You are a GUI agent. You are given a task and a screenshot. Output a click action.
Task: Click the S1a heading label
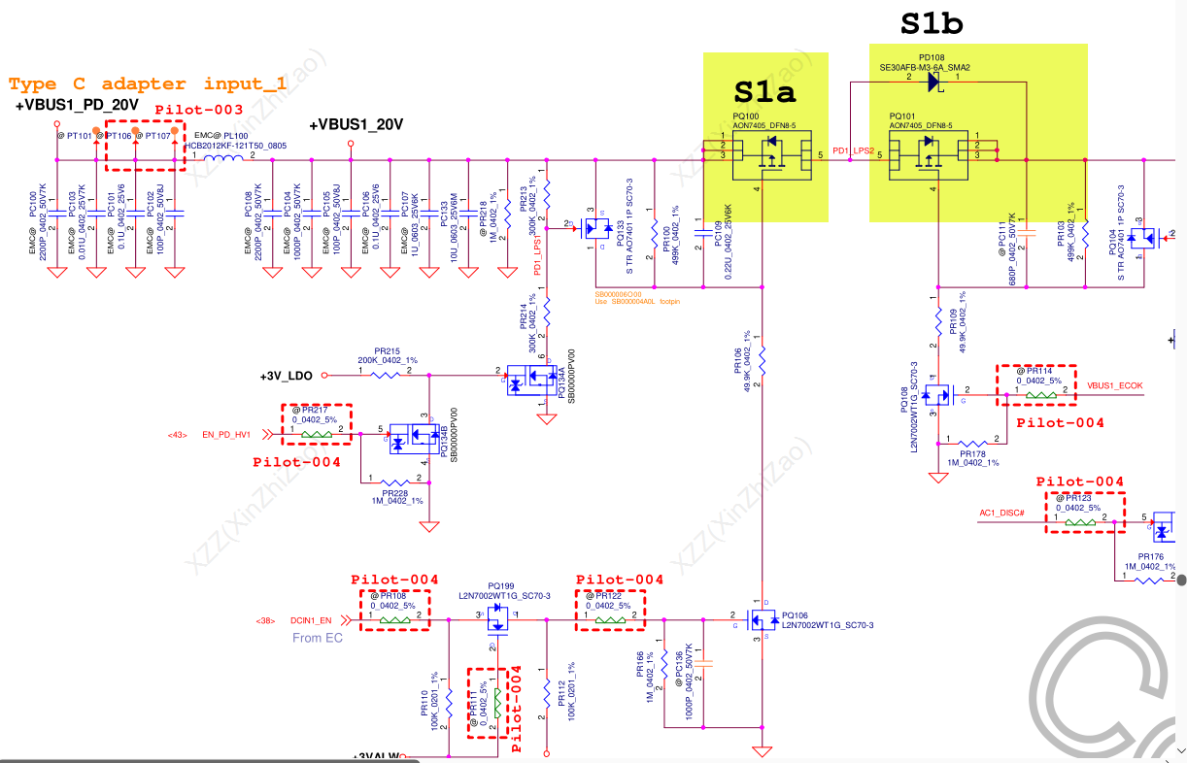tap(764, 92)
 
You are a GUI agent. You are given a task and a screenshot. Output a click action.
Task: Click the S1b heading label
tap(932, 24)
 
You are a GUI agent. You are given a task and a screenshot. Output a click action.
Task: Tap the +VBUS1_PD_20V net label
tap(77, 105)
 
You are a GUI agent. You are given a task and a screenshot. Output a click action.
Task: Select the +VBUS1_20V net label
tap(356, 124)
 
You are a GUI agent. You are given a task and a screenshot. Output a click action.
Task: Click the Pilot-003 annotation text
tap(198, 110)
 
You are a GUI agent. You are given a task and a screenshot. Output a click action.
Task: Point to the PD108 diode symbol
tap(933, 83)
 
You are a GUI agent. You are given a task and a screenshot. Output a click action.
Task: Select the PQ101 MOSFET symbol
tap(929, 154)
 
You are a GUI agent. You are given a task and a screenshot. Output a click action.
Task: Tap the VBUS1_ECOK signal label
tap(1114, 385)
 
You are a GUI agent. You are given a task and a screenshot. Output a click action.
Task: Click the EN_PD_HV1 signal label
tap(226, 435)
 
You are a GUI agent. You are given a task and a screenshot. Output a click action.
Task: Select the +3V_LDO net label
tap(286, 375)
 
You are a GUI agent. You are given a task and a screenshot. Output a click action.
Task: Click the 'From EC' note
tap(318, 638)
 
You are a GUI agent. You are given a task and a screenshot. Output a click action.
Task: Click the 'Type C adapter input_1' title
tap(148, 84)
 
